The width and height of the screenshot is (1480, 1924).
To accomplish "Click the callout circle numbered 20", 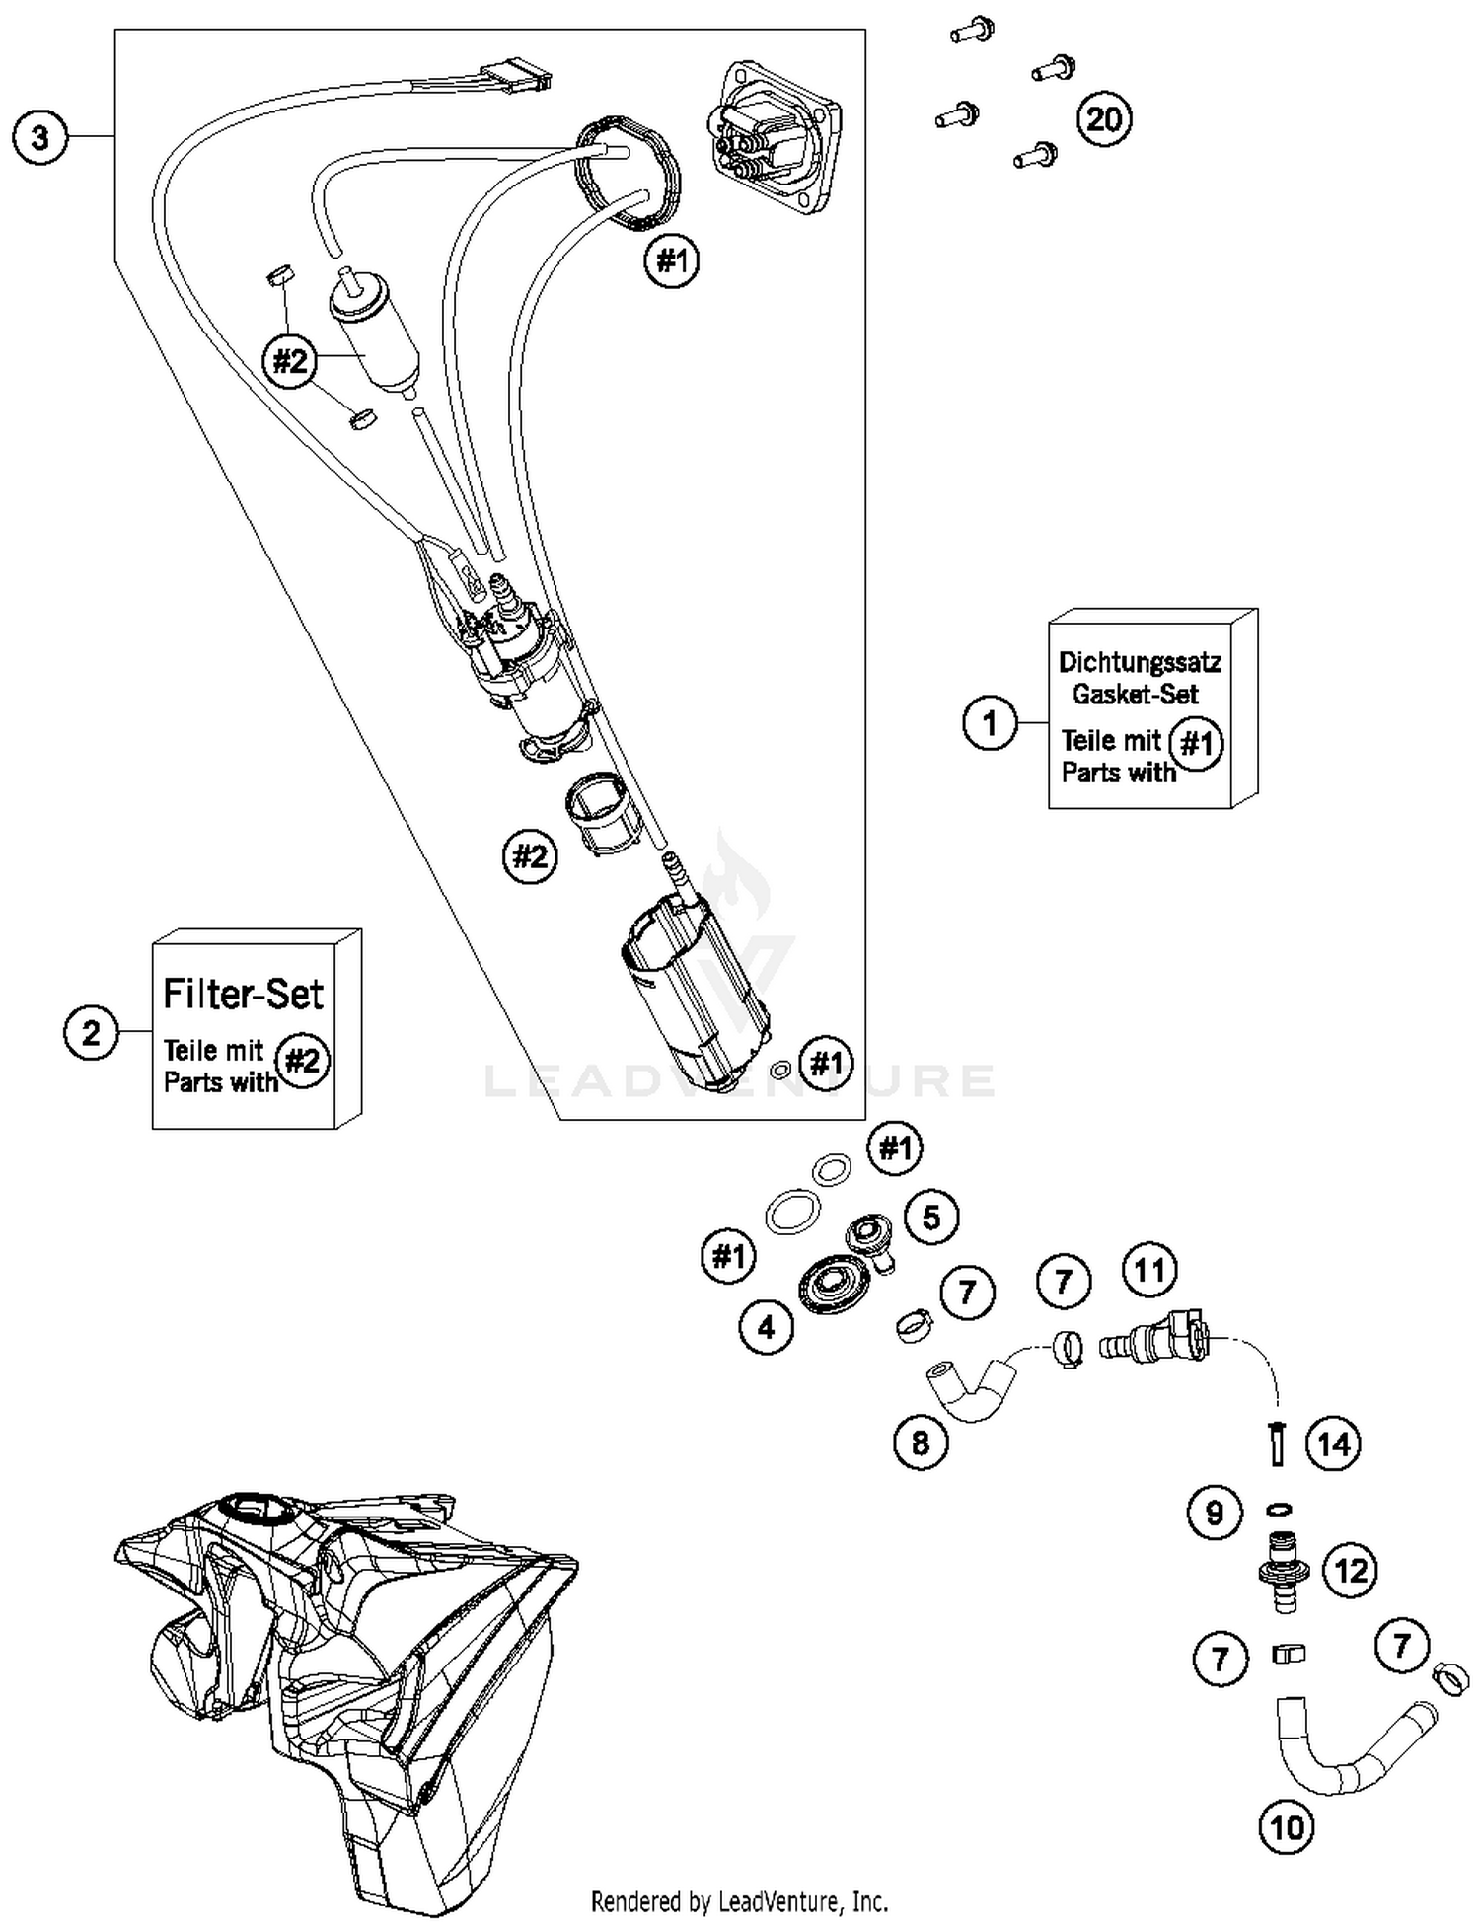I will click(1103, 119).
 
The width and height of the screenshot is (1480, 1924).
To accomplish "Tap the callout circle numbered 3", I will click(39, 137).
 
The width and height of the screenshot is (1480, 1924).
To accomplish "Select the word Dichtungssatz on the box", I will click(1140, 662).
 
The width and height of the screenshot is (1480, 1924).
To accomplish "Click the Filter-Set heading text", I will click(243, 994).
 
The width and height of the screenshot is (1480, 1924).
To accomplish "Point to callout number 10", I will click(1287, 1828).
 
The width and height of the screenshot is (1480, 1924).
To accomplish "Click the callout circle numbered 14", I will click(1333, 1444).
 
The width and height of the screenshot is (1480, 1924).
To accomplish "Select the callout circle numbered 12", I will click(1350, 1570).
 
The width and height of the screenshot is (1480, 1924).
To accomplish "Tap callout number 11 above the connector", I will click(1150, 1271).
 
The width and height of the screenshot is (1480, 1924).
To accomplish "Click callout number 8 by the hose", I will click(920, 1443).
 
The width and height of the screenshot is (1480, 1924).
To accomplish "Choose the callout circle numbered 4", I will click(767, 1328).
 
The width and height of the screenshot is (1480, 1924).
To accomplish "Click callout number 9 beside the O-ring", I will click(1215, 1513).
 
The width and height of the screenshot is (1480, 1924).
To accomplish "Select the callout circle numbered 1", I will click(990, 724).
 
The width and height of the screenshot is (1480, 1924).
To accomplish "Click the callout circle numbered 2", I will click(91, 1033).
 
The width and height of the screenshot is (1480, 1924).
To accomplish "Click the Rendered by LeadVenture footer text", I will click(739, 1900).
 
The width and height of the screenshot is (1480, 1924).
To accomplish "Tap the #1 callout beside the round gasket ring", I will click(671, 261).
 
